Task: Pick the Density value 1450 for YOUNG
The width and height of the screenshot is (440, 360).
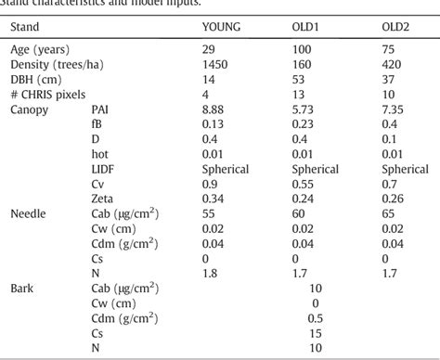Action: (215, 64)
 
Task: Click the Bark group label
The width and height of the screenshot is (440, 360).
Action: (22, 289)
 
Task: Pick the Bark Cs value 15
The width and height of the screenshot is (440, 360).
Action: (316, 333)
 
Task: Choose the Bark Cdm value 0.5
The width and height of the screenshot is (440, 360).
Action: (316, 318)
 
